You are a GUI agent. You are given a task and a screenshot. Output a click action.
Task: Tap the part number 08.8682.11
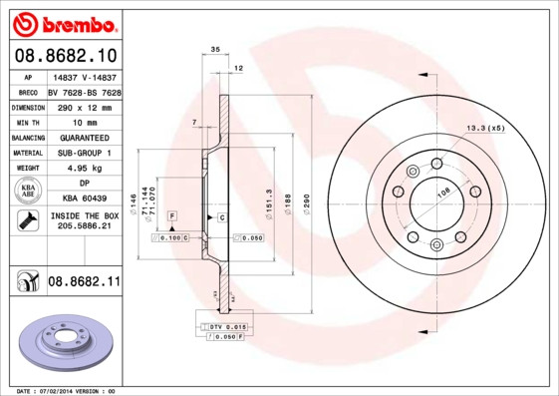(x=84, y=282)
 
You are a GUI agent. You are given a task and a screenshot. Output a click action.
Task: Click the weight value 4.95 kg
(x=84, y=169)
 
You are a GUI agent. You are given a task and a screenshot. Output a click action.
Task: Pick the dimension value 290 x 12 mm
(x=84, y=107)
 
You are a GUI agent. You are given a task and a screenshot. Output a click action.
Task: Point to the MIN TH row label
(x=27, y=122)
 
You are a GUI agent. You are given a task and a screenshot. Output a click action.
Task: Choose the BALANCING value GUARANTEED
(x=84, y=138)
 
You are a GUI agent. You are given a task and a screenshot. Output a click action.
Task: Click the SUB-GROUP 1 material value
(x=84, y=153)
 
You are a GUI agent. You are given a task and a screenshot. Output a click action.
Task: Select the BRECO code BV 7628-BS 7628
(x=84, y=92)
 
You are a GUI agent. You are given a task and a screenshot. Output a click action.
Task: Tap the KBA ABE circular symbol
(x=28, y=192)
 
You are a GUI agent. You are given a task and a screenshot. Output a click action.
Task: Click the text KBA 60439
(x=84, y=199)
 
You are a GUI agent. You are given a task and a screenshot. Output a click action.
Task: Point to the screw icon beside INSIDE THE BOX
(x=27, y=220)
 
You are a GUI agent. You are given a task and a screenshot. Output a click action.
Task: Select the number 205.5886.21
(x=84, y=226)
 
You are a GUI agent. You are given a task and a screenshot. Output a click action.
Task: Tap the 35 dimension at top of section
(x=215, y=49)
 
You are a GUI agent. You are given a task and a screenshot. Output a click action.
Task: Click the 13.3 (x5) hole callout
(x=485, y=128)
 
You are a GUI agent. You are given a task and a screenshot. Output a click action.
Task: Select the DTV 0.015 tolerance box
(x=228, y=327)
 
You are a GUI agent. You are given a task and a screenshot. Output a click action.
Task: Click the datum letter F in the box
(x=172, y=215)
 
